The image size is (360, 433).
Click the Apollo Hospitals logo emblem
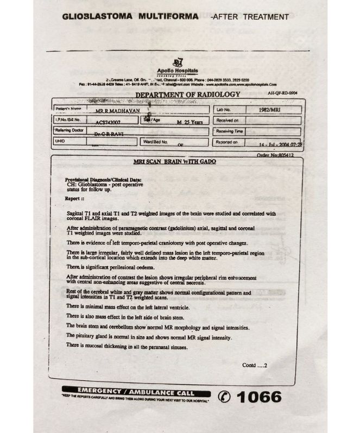tap(177, 62)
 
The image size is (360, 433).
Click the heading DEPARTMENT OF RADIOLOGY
tap(187, 95)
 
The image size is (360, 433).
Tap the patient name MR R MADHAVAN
tap(117, 110)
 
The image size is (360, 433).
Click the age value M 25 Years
tap(190, 122)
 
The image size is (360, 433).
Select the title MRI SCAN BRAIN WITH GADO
tap(175, 162)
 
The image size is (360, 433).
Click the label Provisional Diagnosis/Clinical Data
tap(103, 179)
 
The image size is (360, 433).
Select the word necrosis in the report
tap(191, 283)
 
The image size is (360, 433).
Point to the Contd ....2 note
tap(255, 365)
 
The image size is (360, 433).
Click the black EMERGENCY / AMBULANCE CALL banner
tap(135, 391)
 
